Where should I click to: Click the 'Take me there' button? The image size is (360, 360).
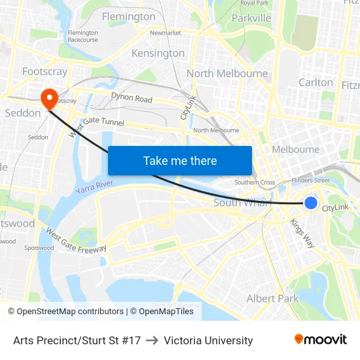point(180,160)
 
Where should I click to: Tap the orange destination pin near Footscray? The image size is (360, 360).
point(49,99)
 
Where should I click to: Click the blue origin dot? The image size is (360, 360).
point(311,203)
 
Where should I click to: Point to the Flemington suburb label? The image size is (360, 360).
point(128,16)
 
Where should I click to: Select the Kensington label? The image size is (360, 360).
point(158,53)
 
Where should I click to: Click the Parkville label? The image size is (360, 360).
point(251,18)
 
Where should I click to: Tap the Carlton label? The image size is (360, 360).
point(315,82)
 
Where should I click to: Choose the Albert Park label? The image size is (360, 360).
point(272,298)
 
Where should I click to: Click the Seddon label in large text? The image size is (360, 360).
point(23,113)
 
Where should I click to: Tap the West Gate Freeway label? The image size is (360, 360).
point(75,240)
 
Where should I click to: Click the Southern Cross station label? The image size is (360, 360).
point(255,183)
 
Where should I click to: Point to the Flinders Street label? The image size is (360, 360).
point(312,180)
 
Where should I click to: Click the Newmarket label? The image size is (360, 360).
point(165,33)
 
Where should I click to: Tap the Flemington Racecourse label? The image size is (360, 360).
point(82,36)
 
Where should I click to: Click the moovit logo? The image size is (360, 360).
point(321,339)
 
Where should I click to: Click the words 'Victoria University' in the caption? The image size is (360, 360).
point(208,340)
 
